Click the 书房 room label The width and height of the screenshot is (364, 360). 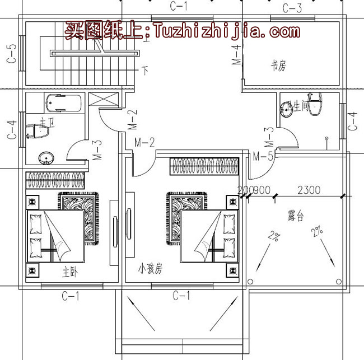[278, 67]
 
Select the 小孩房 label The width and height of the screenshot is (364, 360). [150, 269]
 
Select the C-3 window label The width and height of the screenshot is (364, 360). [292, 8]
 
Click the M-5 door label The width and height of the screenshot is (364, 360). [263, 156]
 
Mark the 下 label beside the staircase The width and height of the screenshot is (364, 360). [146, 71]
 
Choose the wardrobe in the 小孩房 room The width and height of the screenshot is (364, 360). [204, 166]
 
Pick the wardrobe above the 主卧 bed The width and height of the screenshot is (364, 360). [56, 181]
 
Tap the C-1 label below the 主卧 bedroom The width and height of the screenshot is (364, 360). [70, 296]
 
